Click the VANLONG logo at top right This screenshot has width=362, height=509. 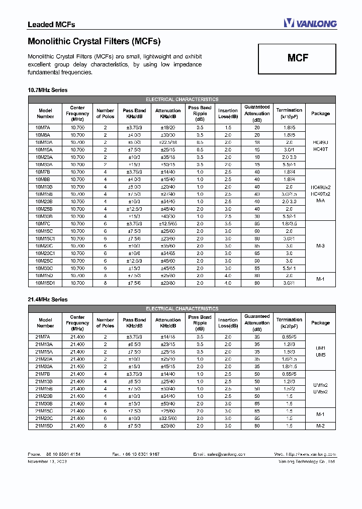310,23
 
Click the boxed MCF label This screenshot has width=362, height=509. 298,58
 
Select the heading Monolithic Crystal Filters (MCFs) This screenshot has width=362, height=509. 94,41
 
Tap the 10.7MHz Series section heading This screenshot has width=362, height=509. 47,90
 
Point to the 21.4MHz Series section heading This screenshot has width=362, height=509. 47,299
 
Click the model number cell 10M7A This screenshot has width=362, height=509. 44,128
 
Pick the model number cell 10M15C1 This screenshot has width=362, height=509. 45,238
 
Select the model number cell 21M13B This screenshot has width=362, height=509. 44,382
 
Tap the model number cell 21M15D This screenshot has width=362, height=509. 44,426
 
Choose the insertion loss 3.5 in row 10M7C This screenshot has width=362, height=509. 228,224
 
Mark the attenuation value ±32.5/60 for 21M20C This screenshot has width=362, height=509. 168,418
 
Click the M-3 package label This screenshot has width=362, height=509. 320,246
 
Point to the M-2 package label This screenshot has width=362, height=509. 320,426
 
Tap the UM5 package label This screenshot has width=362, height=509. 320,355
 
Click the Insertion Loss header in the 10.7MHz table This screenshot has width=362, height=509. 228,113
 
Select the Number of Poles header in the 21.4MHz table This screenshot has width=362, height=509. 105,322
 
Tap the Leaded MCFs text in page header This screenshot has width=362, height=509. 51,24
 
